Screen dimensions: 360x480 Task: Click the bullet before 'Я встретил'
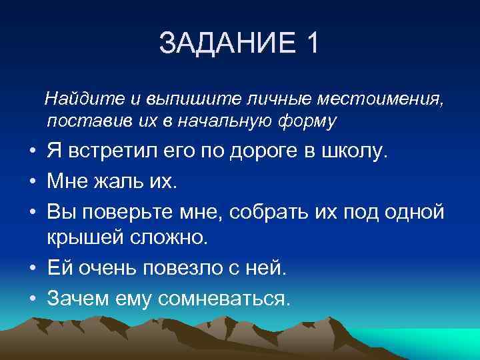32,153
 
